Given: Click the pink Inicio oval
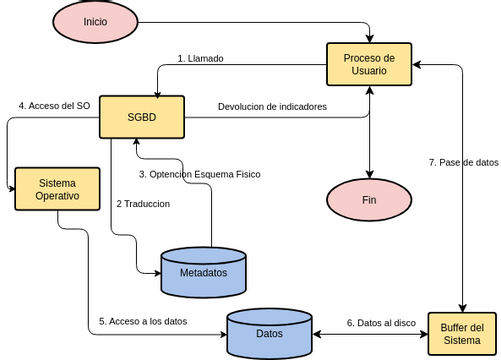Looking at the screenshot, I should click(96, 22).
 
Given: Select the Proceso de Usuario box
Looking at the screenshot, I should click(370, 65).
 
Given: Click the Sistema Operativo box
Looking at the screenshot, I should click(57, 189).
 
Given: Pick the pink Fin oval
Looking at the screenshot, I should click(369, 200).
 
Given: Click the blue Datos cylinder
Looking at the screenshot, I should click(269, 333).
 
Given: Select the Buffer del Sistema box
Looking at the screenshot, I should click(462, 334).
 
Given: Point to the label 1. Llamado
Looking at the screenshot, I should click(200, 58).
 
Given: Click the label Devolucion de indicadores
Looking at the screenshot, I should click(272, 106).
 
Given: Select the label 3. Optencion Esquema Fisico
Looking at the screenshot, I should click(199, 174).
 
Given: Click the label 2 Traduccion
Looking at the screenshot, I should click(143, 203).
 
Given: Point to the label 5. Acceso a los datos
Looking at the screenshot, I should click(142, 321).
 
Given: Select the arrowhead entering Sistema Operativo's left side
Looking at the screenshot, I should click(11, 189).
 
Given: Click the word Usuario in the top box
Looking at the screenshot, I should click(370, 73).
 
